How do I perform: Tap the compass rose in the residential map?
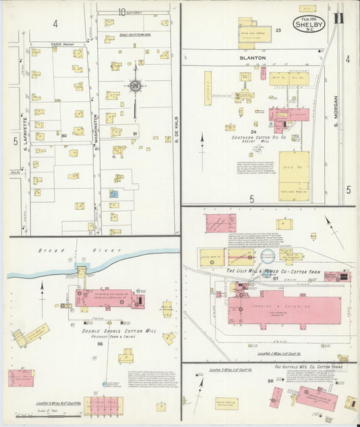coord(135,86)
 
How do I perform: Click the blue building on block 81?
coord(114,194)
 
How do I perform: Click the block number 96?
coord(100,344)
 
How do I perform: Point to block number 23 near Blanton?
coord(278,30)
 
